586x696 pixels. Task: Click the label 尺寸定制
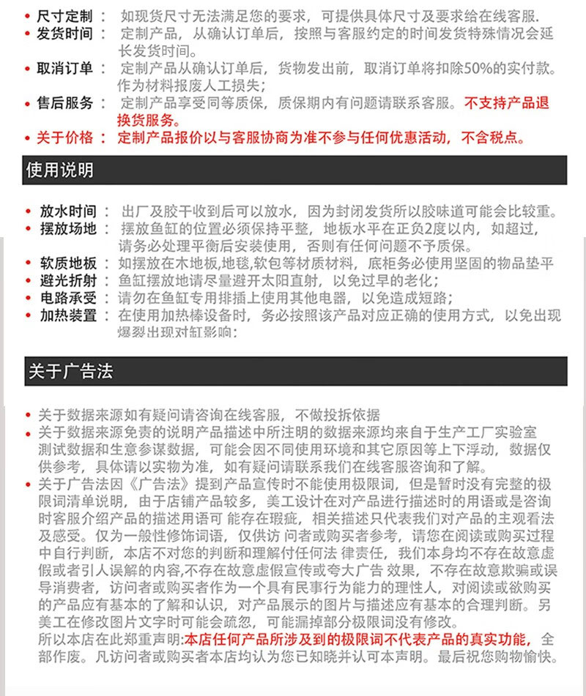pyautogui.click(x=65, y=15)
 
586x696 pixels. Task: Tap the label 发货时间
pyautogui.click(x=65, y=34)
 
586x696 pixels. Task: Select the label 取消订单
pyautogui.click(x=65, y=69)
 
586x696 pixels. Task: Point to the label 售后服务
pyautogui.click(x=65, y=103)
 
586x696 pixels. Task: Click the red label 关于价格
pyautogui.click(x=65, y=138)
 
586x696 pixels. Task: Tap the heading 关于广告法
pyautogui.click(x=70, y=371)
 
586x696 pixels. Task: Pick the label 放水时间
pyautogui.click(x=68, y=212)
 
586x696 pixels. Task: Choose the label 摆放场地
pyautogui.click(x=68, y=229)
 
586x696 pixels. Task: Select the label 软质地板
pyautogui.click(x=68, y=263)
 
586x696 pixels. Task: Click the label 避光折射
pyautogui.click(x=68, y=281)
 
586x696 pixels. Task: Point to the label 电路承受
pyautogui.click(x=68, y=298)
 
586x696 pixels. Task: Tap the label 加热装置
pyautogui.click(x=68, y=315)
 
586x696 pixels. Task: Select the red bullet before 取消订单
pyautogui.click(x=27, y=70)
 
